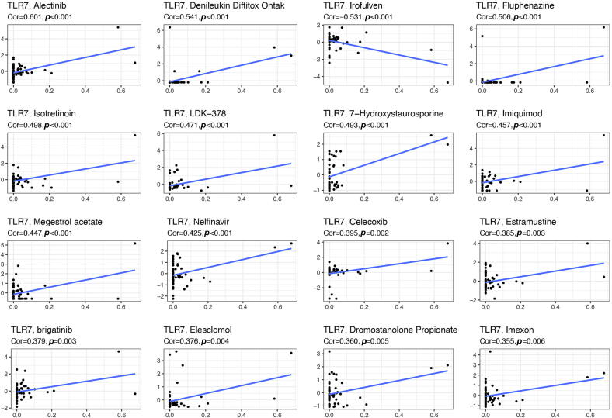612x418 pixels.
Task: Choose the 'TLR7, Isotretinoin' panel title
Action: pyautogui.click(x=41, y=114)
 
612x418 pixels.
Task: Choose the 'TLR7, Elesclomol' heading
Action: pyautogui.click(x=202, y=331)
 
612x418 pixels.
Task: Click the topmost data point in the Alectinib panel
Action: pyautogui.click(x=118, y=27)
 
